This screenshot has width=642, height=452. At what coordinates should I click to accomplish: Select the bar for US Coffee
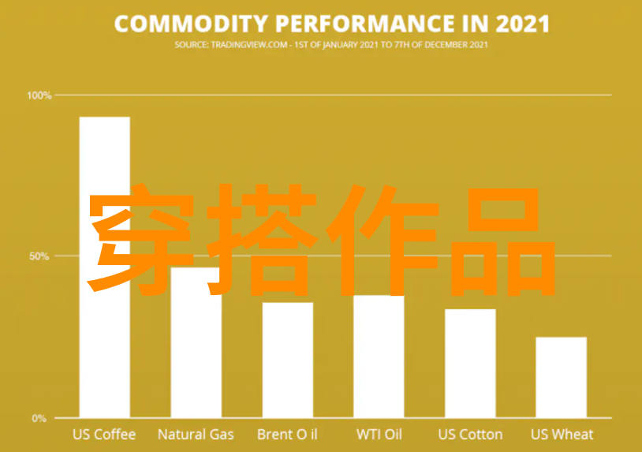[x=105, y=267]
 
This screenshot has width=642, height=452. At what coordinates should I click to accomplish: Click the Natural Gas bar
[x=196, y=342]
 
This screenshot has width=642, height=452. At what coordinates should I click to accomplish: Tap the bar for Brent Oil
[x=288, y=360]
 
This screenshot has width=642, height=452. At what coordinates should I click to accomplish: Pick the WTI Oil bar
[x=379, y=357]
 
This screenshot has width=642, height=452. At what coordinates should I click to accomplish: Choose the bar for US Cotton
[x=470, y=364]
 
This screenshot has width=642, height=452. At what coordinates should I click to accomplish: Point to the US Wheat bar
[x=562, y=378]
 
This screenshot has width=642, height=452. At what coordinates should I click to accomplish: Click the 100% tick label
[x=39, y=95]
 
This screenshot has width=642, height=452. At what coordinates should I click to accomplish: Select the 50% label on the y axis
[x=39, y=256]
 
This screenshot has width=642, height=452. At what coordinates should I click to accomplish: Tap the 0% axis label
[x=39, y=418]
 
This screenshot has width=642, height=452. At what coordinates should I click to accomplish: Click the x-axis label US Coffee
[x=104, y=435]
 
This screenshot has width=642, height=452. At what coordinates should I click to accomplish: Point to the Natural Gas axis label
[x=196, y=435]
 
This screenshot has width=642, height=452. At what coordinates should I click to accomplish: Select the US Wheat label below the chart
[x=562, y=435]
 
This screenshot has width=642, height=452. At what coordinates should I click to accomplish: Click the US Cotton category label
[x=470, y=435]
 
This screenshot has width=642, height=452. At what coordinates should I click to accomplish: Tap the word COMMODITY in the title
[x=191, y=24]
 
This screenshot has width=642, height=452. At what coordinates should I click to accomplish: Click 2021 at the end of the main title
[x=522, y=24]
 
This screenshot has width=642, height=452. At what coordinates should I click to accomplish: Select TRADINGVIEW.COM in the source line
[x=249, y=45]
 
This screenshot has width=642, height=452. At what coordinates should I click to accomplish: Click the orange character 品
[x=503, y=241]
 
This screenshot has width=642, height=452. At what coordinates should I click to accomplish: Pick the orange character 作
[x=383, y=241]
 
